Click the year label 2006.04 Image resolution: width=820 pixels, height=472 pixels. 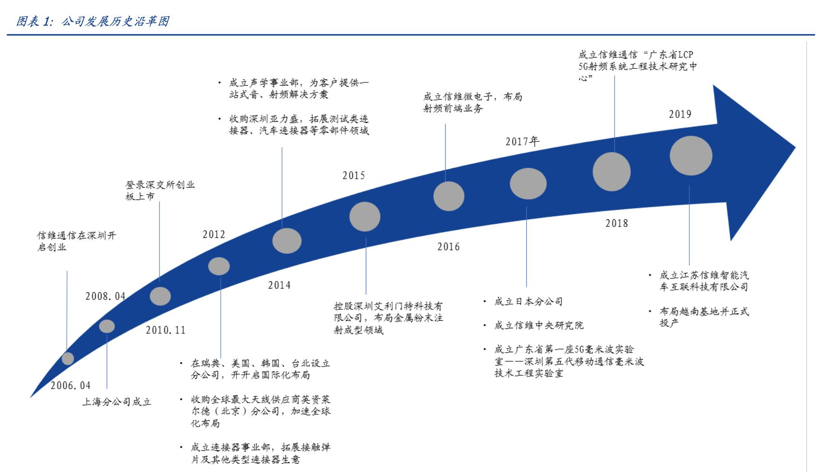(70, 386)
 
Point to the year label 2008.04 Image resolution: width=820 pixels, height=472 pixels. (105, 296)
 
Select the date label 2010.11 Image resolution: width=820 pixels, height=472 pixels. (165, 330)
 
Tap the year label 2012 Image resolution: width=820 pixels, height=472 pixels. (214, 235)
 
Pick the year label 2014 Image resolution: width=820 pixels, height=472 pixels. (279, 285)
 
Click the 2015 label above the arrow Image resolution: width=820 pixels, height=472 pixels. (353, 175)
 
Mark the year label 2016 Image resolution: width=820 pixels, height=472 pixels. (448, 247)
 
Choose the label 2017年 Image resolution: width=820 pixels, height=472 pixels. (522, 141)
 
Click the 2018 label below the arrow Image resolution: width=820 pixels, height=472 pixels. (616, 223)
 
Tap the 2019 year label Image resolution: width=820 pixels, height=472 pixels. (680, 114)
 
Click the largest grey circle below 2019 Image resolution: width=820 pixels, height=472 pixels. (691, 156)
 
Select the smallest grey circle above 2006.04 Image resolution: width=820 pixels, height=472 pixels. (68, 359)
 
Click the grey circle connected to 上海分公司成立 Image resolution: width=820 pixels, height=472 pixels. (107, 326)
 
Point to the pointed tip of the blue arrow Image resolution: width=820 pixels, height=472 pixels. (795, 147)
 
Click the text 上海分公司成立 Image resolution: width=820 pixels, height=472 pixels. (116, 402)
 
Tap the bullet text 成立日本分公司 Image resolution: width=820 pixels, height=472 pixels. (528, 302)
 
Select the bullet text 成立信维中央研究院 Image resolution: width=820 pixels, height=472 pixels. (538, 325)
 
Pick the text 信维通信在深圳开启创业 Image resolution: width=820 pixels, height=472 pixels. (76, 241)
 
